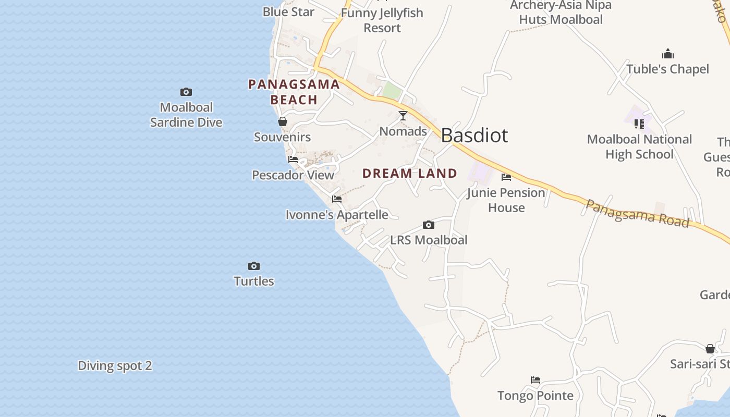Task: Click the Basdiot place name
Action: [x=474, y=136]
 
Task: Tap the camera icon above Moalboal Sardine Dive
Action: [x=186, y=92]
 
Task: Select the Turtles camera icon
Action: [x=254, y=266]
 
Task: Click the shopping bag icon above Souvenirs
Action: [x=283, y=122]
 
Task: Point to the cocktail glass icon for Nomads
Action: [x=403, y=116]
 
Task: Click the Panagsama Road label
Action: [x=637, y=213]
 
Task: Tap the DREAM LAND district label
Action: [x=410, y=174]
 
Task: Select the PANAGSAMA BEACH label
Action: [x=294, y=92]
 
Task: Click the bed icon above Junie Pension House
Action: [x=506, y=177]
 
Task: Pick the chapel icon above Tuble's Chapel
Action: [x=668, y=54]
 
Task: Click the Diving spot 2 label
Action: [x=115, y=366]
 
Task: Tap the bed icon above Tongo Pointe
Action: [x=536, y=380]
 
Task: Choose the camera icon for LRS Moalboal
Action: [x=429, y=225]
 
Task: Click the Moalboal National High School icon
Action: [x=639, y=124]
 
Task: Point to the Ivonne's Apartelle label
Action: [x=337, y=215]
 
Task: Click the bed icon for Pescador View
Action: [x=293, y=160]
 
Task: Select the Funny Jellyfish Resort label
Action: [x=382, y=20]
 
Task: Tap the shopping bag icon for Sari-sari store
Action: [x=710, y=349]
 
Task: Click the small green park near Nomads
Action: [x=392, y=92]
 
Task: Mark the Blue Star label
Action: [x=288, y=11]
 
